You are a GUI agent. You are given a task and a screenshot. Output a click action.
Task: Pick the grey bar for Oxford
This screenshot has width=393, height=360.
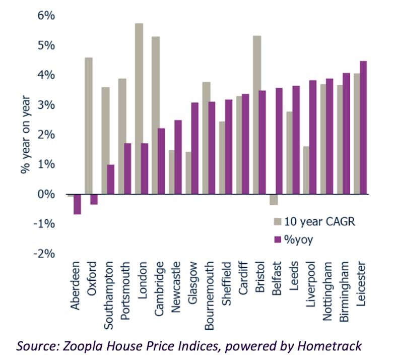(88, 126)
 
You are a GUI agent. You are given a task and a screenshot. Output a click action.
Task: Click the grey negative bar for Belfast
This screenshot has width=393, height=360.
(273, 200)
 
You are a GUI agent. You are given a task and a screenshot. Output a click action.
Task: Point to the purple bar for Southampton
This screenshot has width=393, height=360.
(111, 179)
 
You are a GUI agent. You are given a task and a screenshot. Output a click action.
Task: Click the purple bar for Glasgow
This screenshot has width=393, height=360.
(194, 148)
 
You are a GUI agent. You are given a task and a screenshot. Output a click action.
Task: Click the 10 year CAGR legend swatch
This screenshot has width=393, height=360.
(277, 221)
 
